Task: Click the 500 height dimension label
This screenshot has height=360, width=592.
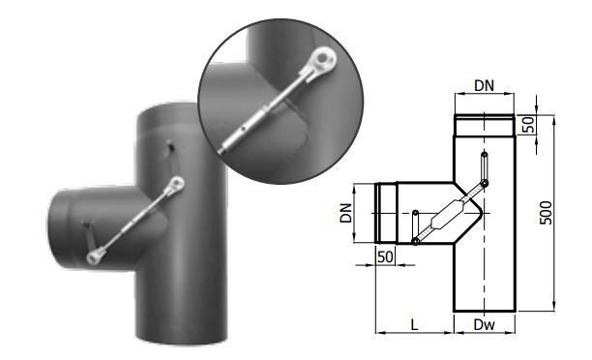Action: coord(546,213)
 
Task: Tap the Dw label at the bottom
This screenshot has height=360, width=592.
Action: coord(484,324)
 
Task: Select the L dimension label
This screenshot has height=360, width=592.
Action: coord(414,324)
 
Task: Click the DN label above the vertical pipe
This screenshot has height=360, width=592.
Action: coord(484,86)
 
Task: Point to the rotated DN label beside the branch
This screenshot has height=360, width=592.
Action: coord(346,213)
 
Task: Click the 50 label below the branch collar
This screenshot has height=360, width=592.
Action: coord(385,256)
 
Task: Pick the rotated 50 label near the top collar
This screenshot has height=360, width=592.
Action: coord(529,125)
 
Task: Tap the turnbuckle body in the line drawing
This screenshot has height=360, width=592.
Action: coord(447,214)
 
